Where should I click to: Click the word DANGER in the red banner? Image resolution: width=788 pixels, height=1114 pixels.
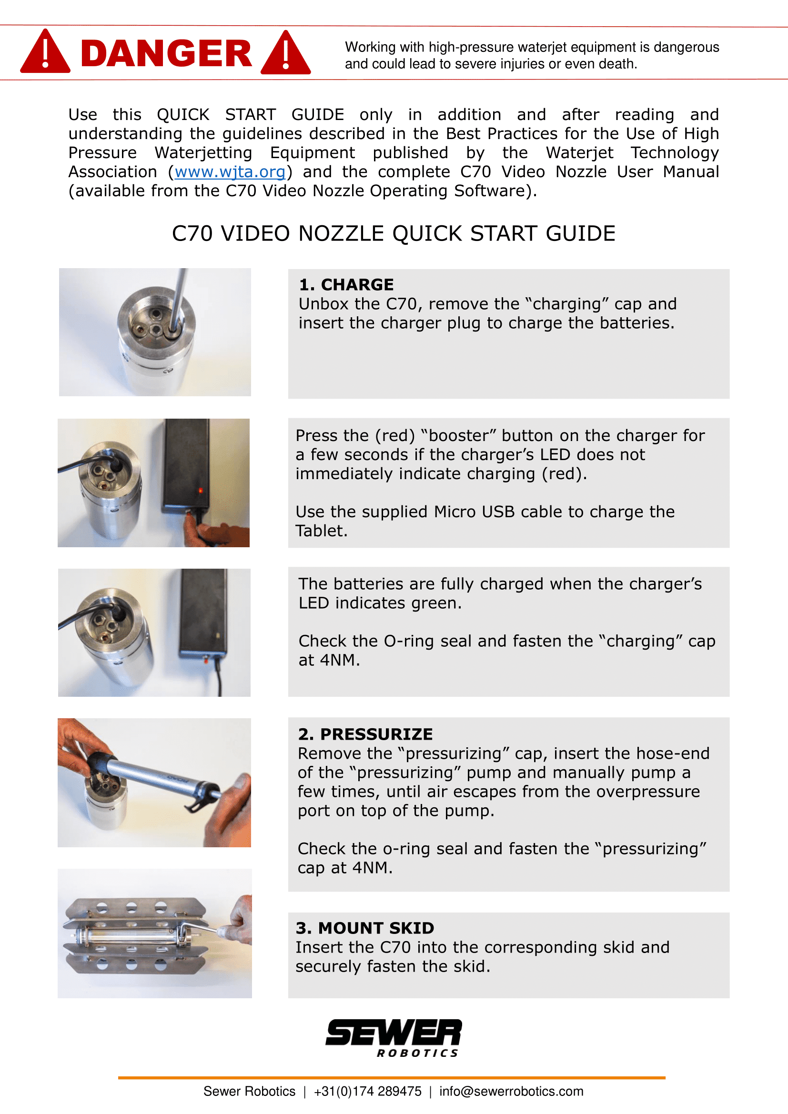click(166, 53)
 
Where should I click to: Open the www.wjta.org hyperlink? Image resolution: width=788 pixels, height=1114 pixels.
click(230, 172)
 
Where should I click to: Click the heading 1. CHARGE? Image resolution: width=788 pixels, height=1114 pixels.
click(346, 285)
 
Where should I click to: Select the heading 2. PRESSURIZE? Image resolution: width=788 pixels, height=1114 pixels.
click(365, 734)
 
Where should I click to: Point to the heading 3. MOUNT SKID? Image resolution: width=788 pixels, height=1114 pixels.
click(365, 928)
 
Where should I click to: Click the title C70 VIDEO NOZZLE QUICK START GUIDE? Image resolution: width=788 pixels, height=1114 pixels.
click(394, 233)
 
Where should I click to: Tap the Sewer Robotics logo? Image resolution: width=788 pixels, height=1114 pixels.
click(394, 1037)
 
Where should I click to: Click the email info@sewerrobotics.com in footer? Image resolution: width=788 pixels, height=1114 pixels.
click(511, 1091)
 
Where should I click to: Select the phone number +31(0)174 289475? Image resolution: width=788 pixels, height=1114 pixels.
click(367, 1091)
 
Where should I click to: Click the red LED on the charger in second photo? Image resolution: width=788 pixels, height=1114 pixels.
click(201, 491)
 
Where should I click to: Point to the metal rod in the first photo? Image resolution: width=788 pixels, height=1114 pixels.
click(179, 296)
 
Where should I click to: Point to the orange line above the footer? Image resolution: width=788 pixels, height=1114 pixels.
click(391, 1078)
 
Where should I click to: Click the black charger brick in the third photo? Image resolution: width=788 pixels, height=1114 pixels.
click(203, 612)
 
